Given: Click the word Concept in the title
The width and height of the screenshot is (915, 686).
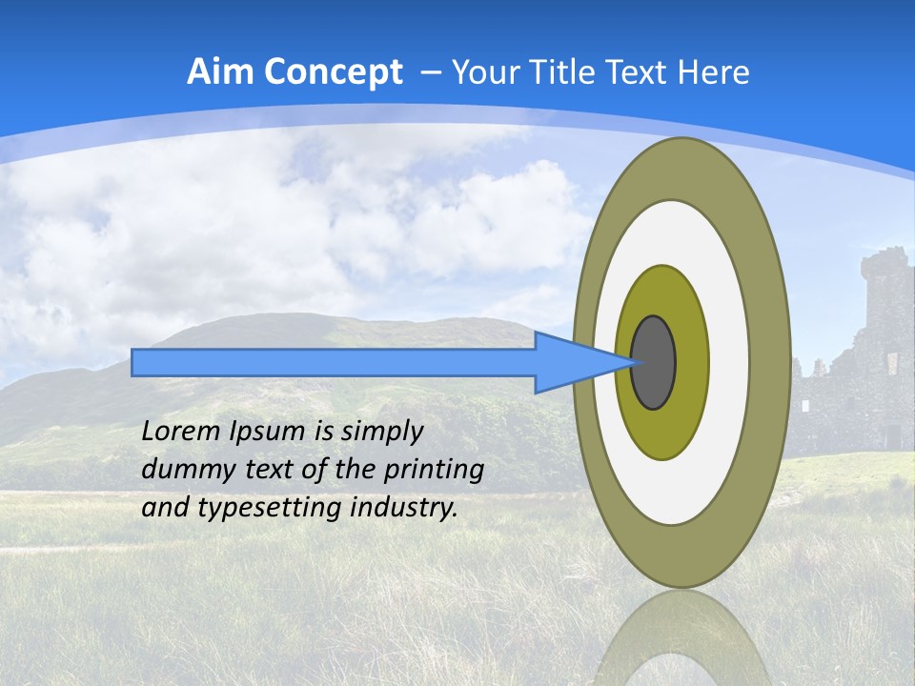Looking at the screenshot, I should click(334, 72).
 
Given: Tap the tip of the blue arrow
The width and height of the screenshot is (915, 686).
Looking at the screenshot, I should click(633, 362).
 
